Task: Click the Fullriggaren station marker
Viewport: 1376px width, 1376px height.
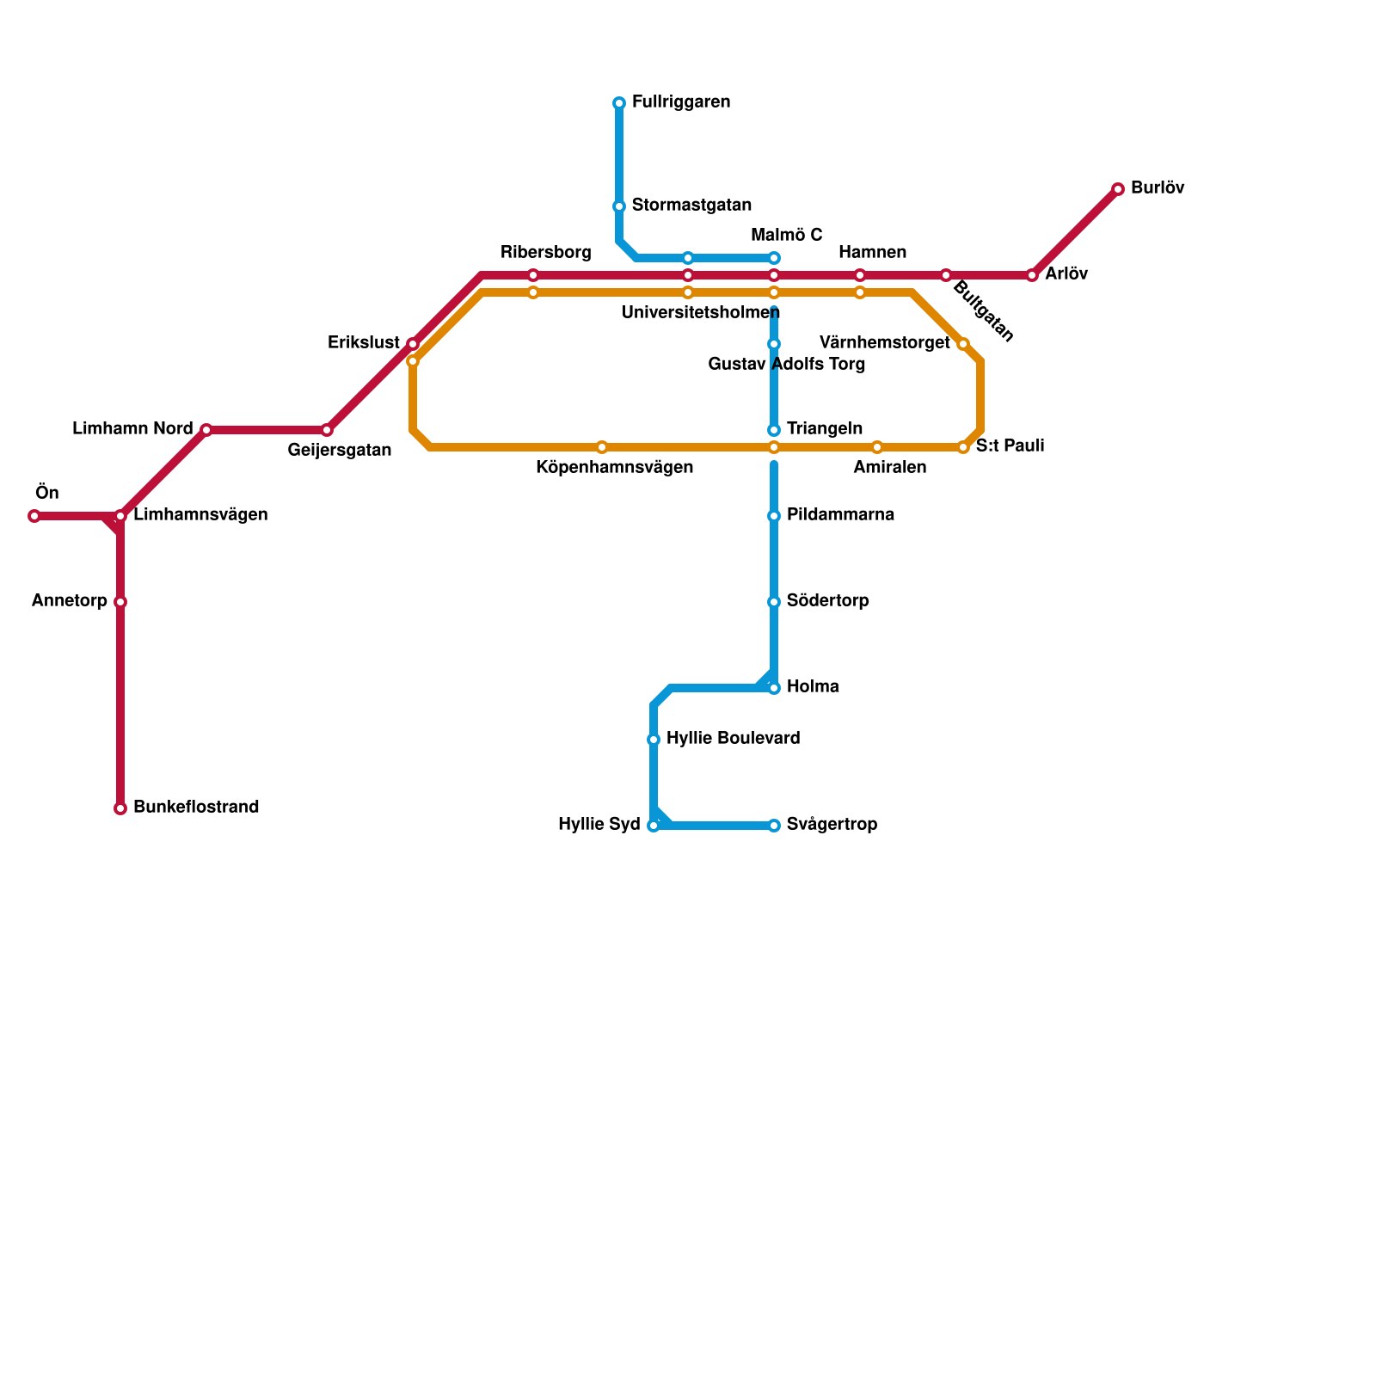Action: point(619,103)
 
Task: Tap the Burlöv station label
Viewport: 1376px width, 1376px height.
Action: point(1158,187)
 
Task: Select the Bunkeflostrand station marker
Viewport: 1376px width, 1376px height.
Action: point(120,808)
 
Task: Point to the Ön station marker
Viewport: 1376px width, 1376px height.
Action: point(34,516)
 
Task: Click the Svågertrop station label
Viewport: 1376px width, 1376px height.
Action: point(832,825)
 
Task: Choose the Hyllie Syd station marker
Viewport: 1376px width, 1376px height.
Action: point(654,826)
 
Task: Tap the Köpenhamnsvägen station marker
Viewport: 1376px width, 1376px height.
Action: point(602,447)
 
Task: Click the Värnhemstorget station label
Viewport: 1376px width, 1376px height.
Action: point(885,343)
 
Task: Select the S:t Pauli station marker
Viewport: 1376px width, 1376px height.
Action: point(963,447)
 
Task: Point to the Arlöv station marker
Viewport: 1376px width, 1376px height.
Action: point(1032,275)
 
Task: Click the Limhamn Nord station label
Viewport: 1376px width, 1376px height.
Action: point(132,428)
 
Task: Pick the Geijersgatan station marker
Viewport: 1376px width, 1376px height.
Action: point(327,430)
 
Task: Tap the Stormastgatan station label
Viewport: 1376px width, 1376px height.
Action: point(691,205)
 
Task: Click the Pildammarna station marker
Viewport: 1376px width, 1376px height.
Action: point(774,516)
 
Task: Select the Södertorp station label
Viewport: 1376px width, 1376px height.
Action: point(827,600)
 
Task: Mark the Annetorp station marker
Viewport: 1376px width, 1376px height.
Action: point(120,602)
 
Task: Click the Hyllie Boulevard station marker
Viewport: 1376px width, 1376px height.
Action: point(654,740)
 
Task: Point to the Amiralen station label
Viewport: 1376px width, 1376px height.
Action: point(889,468)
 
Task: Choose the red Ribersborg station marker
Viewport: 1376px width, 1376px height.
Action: point(533,275)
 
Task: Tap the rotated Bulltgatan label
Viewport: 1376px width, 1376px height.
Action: point(984,311)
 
